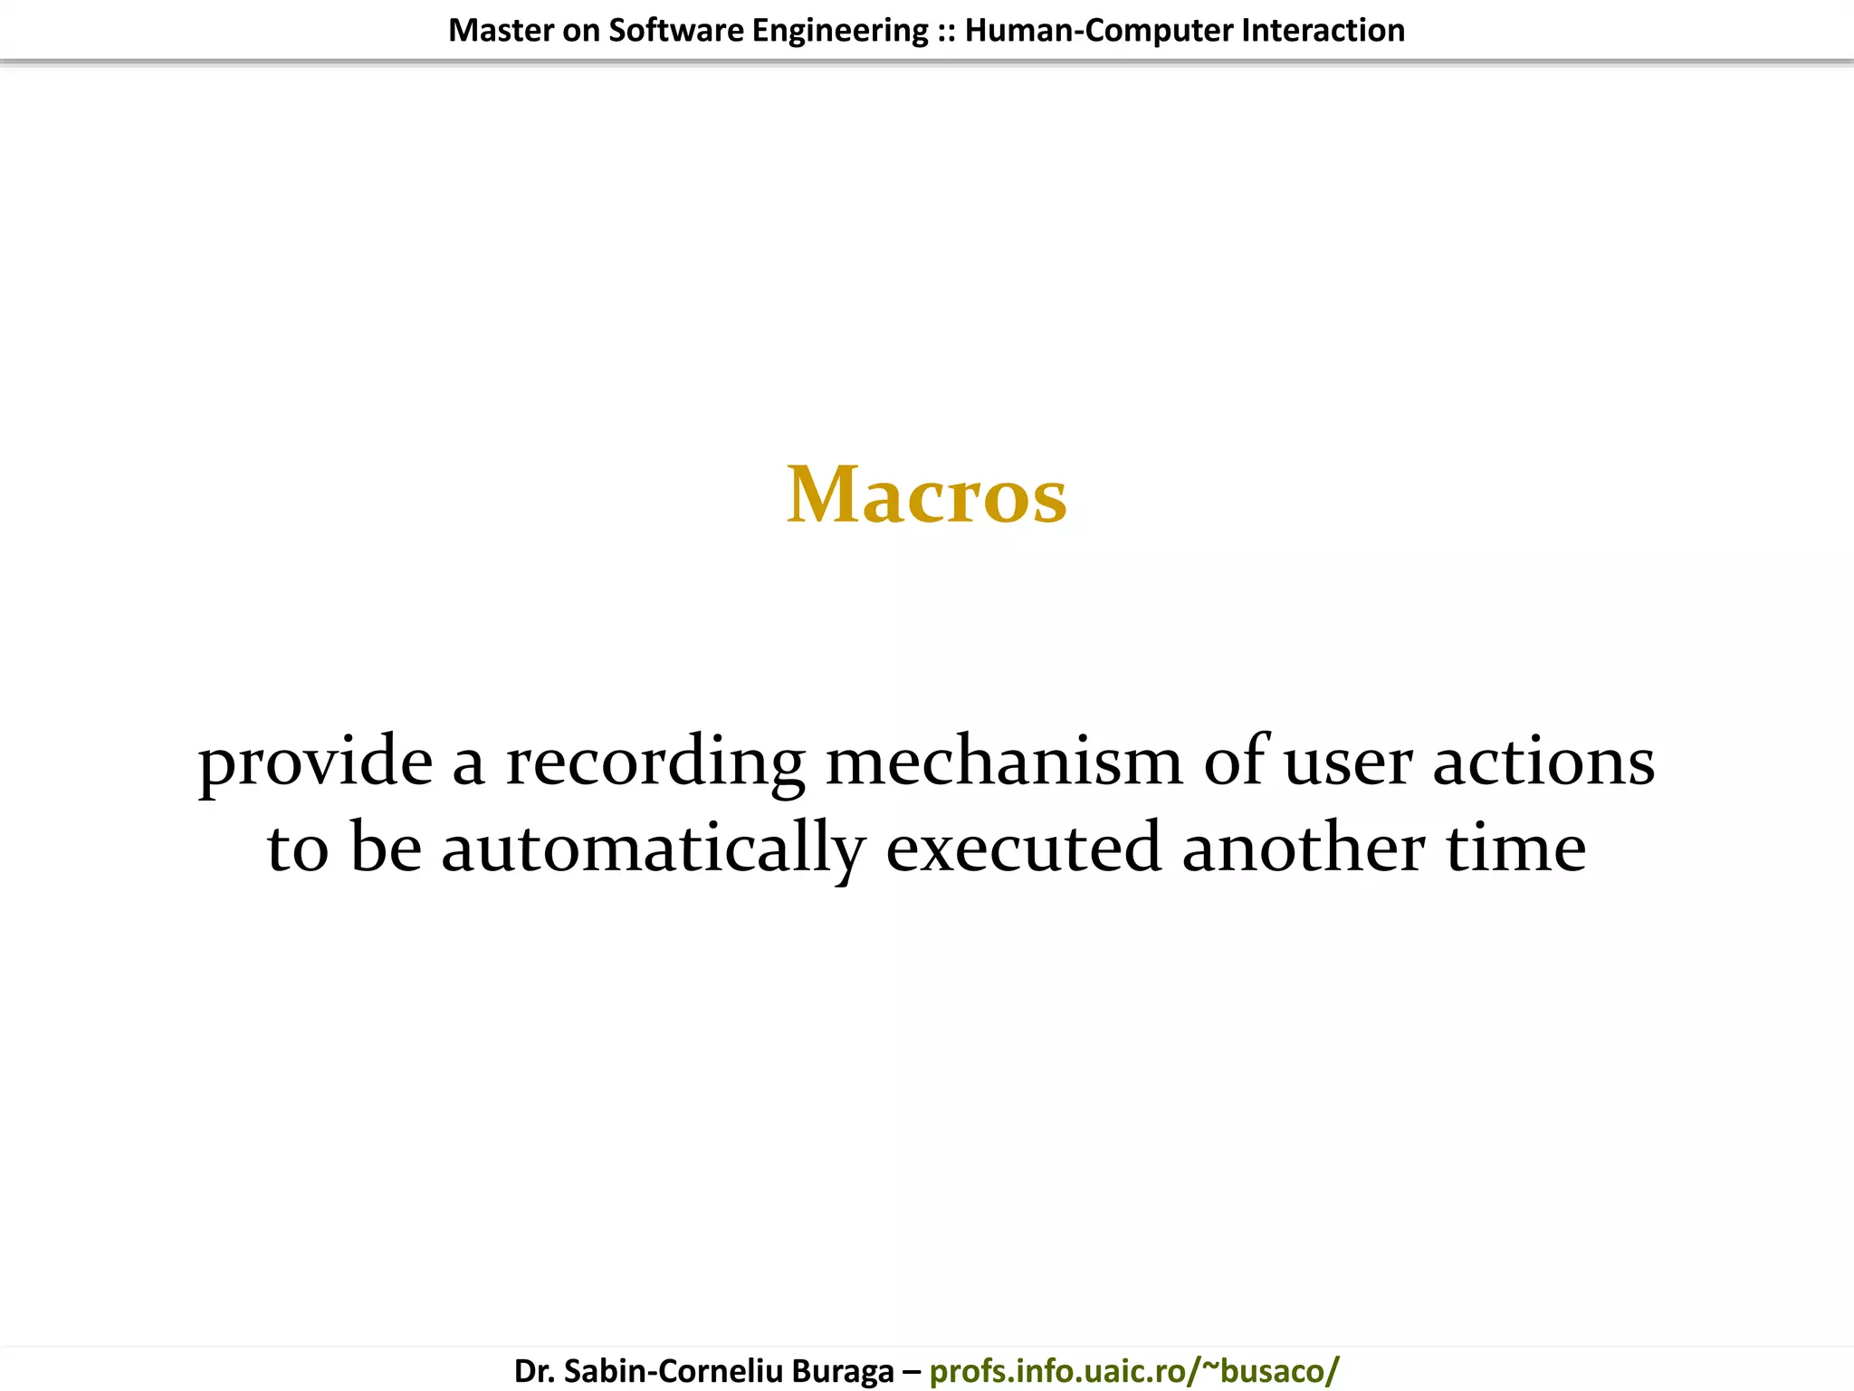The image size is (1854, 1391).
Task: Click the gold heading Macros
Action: [927, 495]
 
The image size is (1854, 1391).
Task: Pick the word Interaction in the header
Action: [1323, 31]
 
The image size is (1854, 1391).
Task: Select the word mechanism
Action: [1004, 761]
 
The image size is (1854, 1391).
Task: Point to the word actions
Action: [1543, 761]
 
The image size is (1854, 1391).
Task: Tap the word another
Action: [1304, 848]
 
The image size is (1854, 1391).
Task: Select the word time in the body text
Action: [1515, 848]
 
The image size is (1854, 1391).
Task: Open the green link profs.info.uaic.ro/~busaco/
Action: [1133, 1371]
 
